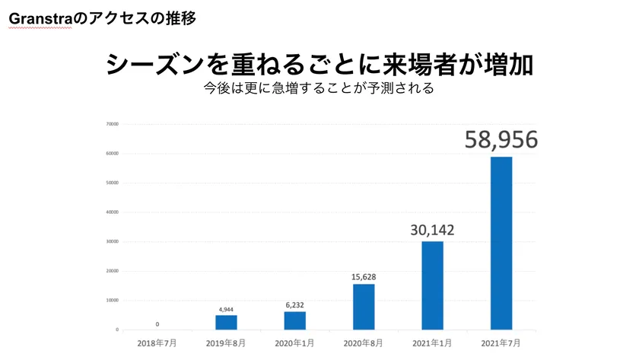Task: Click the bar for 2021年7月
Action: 501,243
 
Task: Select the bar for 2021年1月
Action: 432,285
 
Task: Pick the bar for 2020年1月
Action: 294,320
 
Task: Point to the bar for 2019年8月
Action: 226,322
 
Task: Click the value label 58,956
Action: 501,139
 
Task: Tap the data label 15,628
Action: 364,277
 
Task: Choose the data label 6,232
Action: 294,304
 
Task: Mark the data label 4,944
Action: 226,309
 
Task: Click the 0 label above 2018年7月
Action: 157,323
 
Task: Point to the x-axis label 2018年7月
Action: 157,343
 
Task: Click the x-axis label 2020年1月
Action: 294,343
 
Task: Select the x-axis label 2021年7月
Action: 501,343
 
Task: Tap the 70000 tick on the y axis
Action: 113,123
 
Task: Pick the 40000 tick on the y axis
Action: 113,212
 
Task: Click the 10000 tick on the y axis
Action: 113,300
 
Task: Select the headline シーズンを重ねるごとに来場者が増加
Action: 319,64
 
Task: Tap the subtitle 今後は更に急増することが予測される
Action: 319,88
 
